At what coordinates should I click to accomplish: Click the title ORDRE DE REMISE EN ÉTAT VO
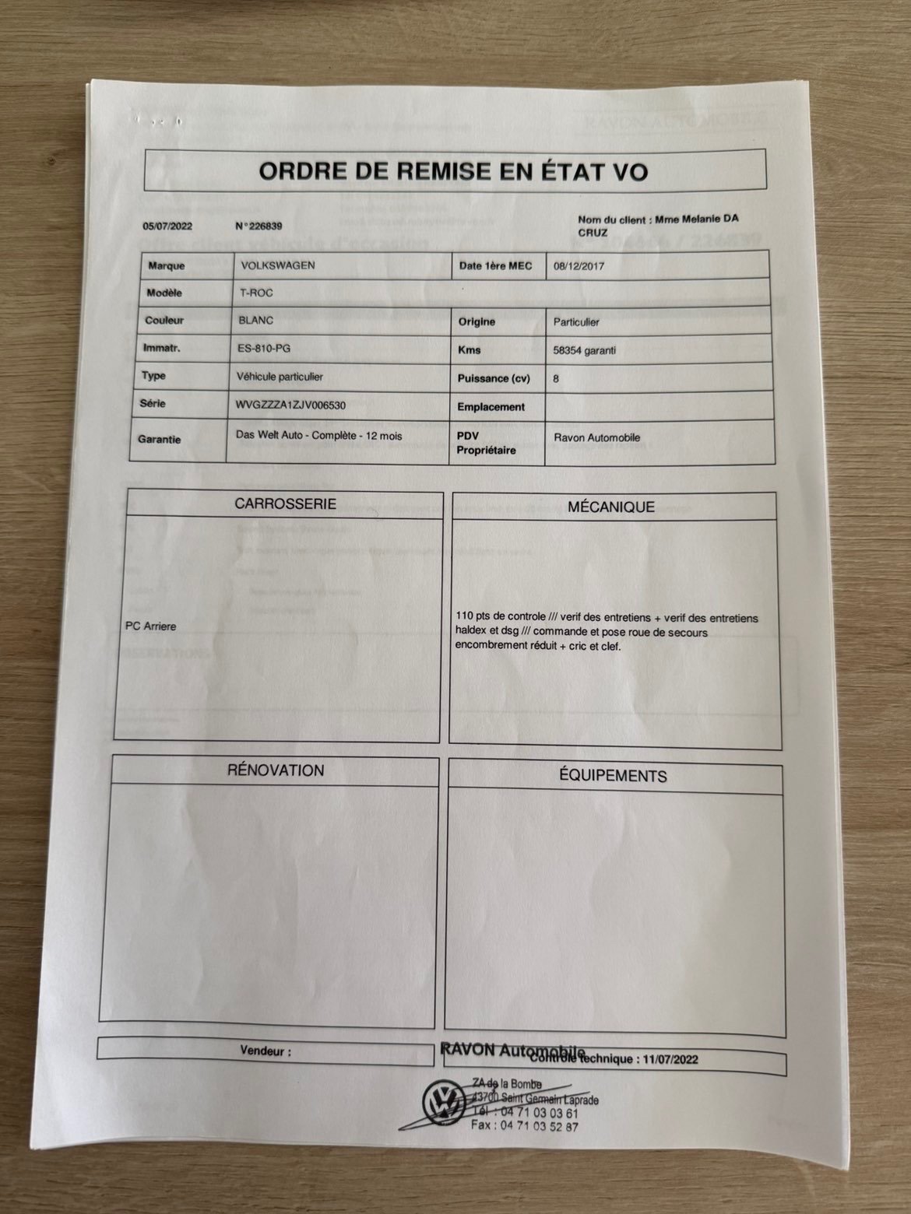(452, 170)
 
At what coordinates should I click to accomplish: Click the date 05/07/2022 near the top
(167, 226)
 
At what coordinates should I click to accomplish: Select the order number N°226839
(258, 226)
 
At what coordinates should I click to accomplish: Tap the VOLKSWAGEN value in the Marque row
(278, 265)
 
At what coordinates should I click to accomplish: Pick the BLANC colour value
(257, 320)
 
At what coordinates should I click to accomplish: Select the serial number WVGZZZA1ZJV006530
(290, 405)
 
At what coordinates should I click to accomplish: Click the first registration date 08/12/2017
(579, 266)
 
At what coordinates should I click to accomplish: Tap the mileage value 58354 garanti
(584, 350)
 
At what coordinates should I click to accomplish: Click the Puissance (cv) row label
(494, 379)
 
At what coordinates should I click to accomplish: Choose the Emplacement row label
(491, 407)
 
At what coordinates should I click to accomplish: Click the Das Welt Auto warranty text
(318, 436)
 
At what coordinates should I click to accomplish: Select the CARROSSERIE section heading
(285, 504)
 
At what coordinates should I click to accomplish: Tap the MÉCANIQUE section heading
(610, 507)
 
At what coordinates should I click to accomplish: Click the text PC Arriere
(150, 626)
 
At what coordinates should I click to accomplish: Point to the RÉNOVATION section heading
(276, 770)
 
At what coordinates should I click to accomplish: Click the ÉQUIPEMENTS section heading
(613, 776)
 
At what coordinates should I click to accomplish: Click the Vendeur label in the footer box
(266, 1051)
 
